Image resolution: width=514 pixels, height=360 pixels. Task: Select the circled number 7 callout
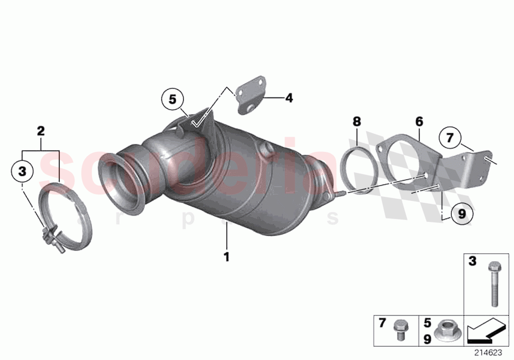450,138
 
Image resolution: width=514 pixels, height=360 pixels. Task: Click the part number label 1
227,256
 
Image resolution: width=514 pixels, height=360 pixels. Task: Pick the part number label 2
41,131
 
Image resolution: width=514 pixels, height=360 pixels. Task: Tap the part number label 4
289,98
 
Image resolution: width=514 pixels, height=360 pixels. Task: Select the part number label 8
356,120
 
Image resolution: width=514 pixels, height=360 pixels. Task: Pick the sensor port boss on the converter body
267,150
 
